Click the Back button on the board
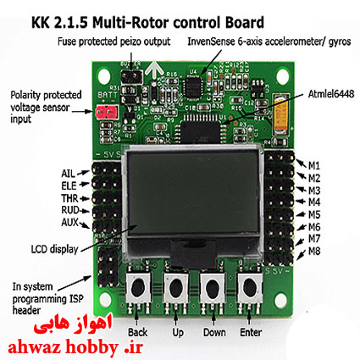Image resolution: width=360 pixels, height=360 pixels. pos(138,287)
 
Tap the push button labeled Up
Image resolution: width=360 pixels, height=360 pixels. pos(175,287)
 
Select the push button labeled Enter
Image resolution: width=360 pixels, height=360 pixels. pos(249,287)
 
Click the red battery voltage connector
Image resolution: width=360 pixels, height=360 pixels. pos(106,112)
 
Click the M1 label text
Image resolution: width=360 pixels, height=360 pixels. pos(314,166)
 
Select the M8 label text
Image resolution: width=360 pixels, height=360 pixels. pos(314,251)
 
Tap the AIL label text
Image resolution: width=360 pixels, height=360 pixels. pos(69,174)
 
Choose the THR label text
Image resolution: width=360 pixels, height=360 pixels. pos(69,198)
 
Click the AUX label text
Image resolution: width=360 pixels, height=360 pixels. pos(70,223)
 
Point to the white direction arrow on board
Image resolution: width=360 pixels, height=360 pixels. pos(154,69)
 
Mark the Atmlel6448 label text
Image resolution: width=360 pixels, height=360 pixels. pos(331,94)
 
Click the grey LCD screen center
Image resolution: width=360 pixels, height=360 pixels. pos(193,192)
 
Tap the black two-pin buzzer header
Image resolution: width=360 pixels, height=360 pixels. pos(131,75)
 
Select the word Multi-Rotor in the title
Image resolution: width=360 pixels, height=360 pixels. pos(131,23)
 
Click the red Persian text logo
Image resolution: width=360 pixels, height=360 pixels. pos(73,324)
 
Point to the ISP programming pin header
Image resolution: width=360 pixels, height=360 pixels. pos(108,267)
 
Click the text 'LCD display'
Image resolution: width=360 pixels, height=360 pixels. pos(54,249)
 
